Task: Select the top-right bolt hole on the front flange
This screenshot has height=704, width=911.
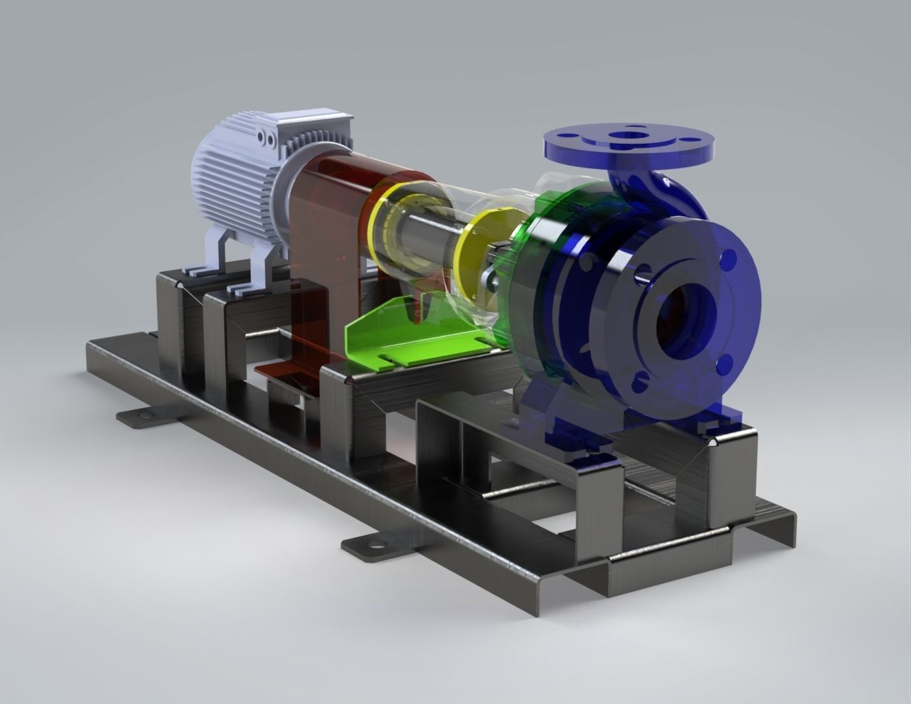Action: [730, 261]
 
